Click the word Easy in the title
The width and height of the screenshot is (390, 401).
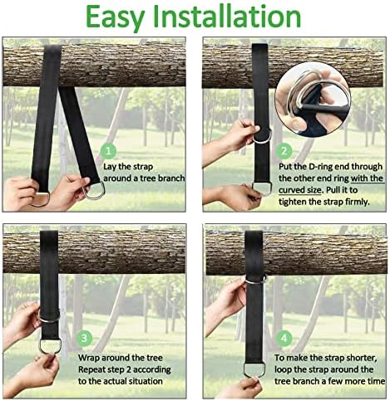(115, 17)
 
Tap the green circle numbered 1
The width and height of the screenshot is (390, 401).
(108, 151)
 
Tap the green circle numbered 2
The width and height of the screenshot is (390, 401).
(284, 151)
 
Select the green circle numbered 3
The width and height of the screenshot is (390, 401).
(84, 338)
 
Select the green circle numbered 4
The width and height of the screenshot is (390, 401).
(284, 338)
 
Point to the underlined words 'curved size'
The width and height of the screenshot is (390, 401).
(300, 190)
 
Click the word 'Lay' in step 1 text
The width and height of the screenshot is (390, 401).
(110, 167)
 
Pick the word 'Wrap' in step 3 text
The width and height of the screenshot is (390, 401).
(89, 358)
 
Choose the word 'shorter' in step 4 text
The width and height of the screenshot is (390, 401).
(363, 358)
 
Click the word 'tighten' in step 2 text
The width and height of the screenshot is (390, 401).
(293, 202)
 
